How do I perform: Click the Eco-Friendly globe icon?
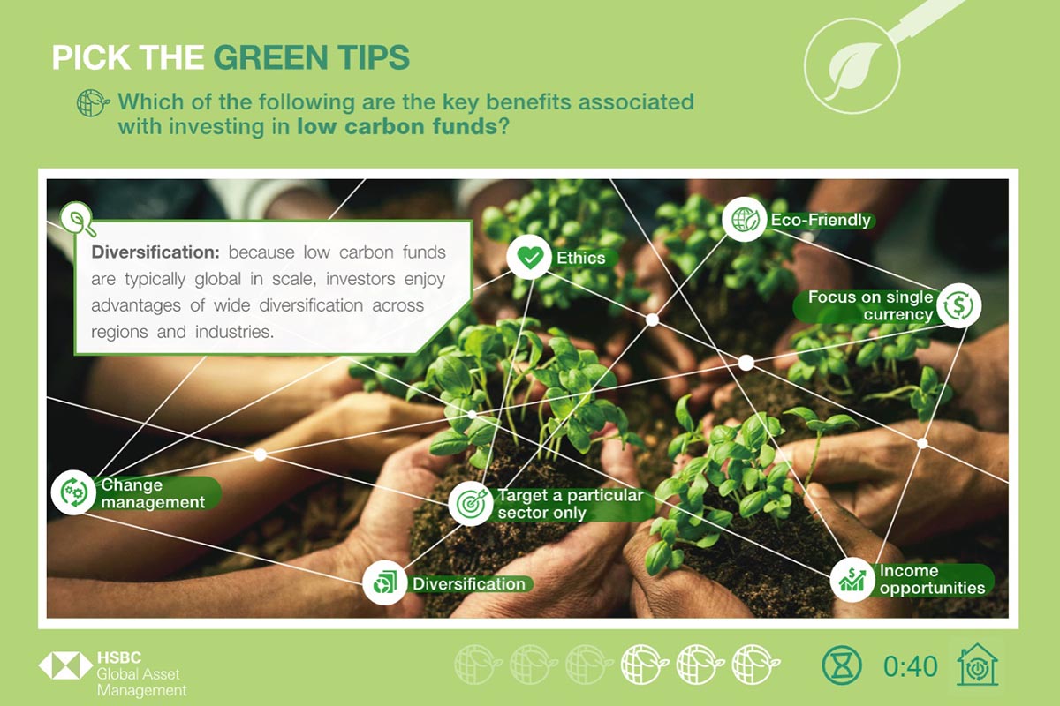pyautogui.click(x=745, y=220)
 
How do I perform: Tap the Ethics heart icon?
pyautogui.click(x=529, y=257)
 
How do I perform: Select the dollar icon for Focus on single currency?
pyautogui.click(x=958, y=305)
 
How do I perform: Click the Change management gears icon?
pyautogui.click(x=74, y=492)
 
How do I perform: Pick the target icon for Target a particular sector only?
pyautogui.click(x=470, y=503)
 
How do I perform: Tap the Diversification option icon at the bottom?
pyautogui.click(x=384, y=583)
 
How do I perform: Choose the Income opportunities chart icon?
pyautogui.click(x=852, y=580)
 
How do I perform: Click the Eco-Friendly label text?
pyautogui.click(x=821, y=220)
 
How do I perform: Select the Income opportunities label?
pyautogui.click(x=932, y=579)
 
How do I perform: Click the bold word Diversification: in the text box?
pyautogui.click(x=155, y=252)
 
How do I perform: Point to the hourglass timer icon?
pyautogui.click(x=842, y=665)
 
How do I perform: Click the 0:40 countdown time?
pyautogui.click(x=910, y=666)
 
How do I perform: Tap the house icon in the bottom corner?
pyautogui.click(x=977, y=665)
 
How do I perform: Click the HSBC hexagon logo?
pyautogui.click(x=65, y=665)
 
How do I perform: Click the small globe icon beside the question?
pyautogui.click(x=93, y=103)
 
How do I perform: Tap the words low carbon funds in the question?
pyautogui.click(x=397, y=127)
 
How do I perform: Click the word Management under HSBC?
pyautogui.click(x=141, y=690)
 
